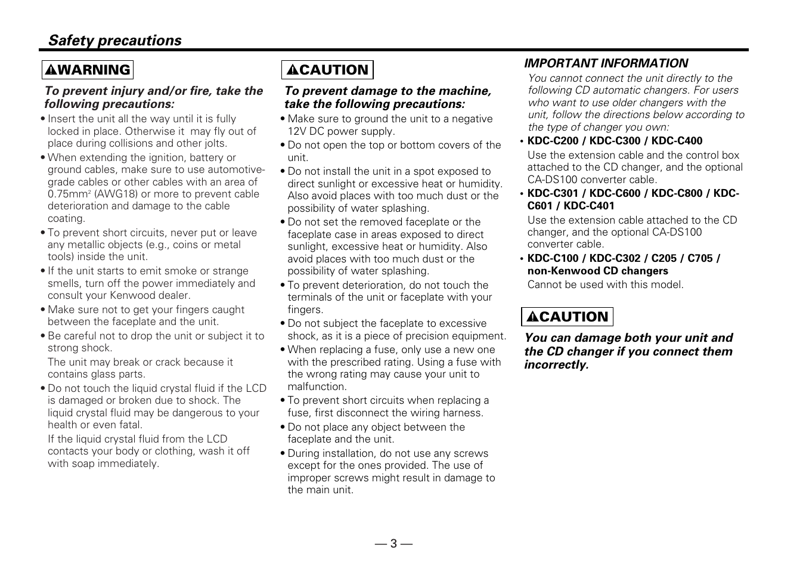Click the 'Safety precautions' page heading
114,41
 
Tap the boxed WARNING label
88,70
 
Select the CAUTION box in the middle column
327,70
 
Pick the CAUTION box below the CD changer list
567,317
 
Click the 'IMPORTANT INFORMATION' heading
606,63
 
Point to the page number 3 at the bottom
393,543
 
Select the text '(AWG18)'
115,194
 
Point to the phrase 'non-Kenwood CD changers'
597,271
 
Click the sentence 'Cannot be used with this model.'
605,284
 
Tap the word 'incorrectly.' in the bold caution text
556,365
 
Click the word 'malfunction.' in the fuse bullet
317,386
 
